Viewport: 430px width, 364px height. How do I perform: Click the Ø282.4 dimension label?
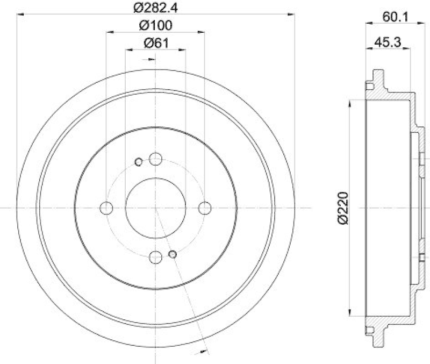click(x=156, y=8)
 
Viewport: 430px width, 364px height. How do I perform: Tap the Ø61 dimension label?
click(x=156, y=44)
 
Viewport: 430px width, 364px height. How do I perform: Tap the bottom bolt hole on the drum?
click(x=156, y=258)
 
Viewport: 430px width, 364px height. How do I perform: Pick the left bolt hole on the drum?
click(x=106, y=208)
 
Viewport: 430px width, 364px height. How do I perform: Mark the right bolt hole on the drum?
click(x=205, y=208)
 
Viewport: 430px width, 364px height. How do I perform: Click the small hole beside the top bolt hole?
click(x=139, y=161)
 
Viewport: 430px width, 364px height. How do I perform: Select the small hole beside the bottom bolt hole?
click(x=173, y=254)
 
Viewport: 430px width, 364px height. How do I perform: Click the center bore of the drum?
click(x=156, y=208)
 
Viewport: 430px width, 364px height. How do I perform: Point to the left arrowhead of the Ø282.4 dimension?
click(x=21, y=14)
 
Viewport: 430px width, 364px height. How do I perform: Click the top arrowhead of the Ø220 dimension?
click(x=351, y=103)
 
